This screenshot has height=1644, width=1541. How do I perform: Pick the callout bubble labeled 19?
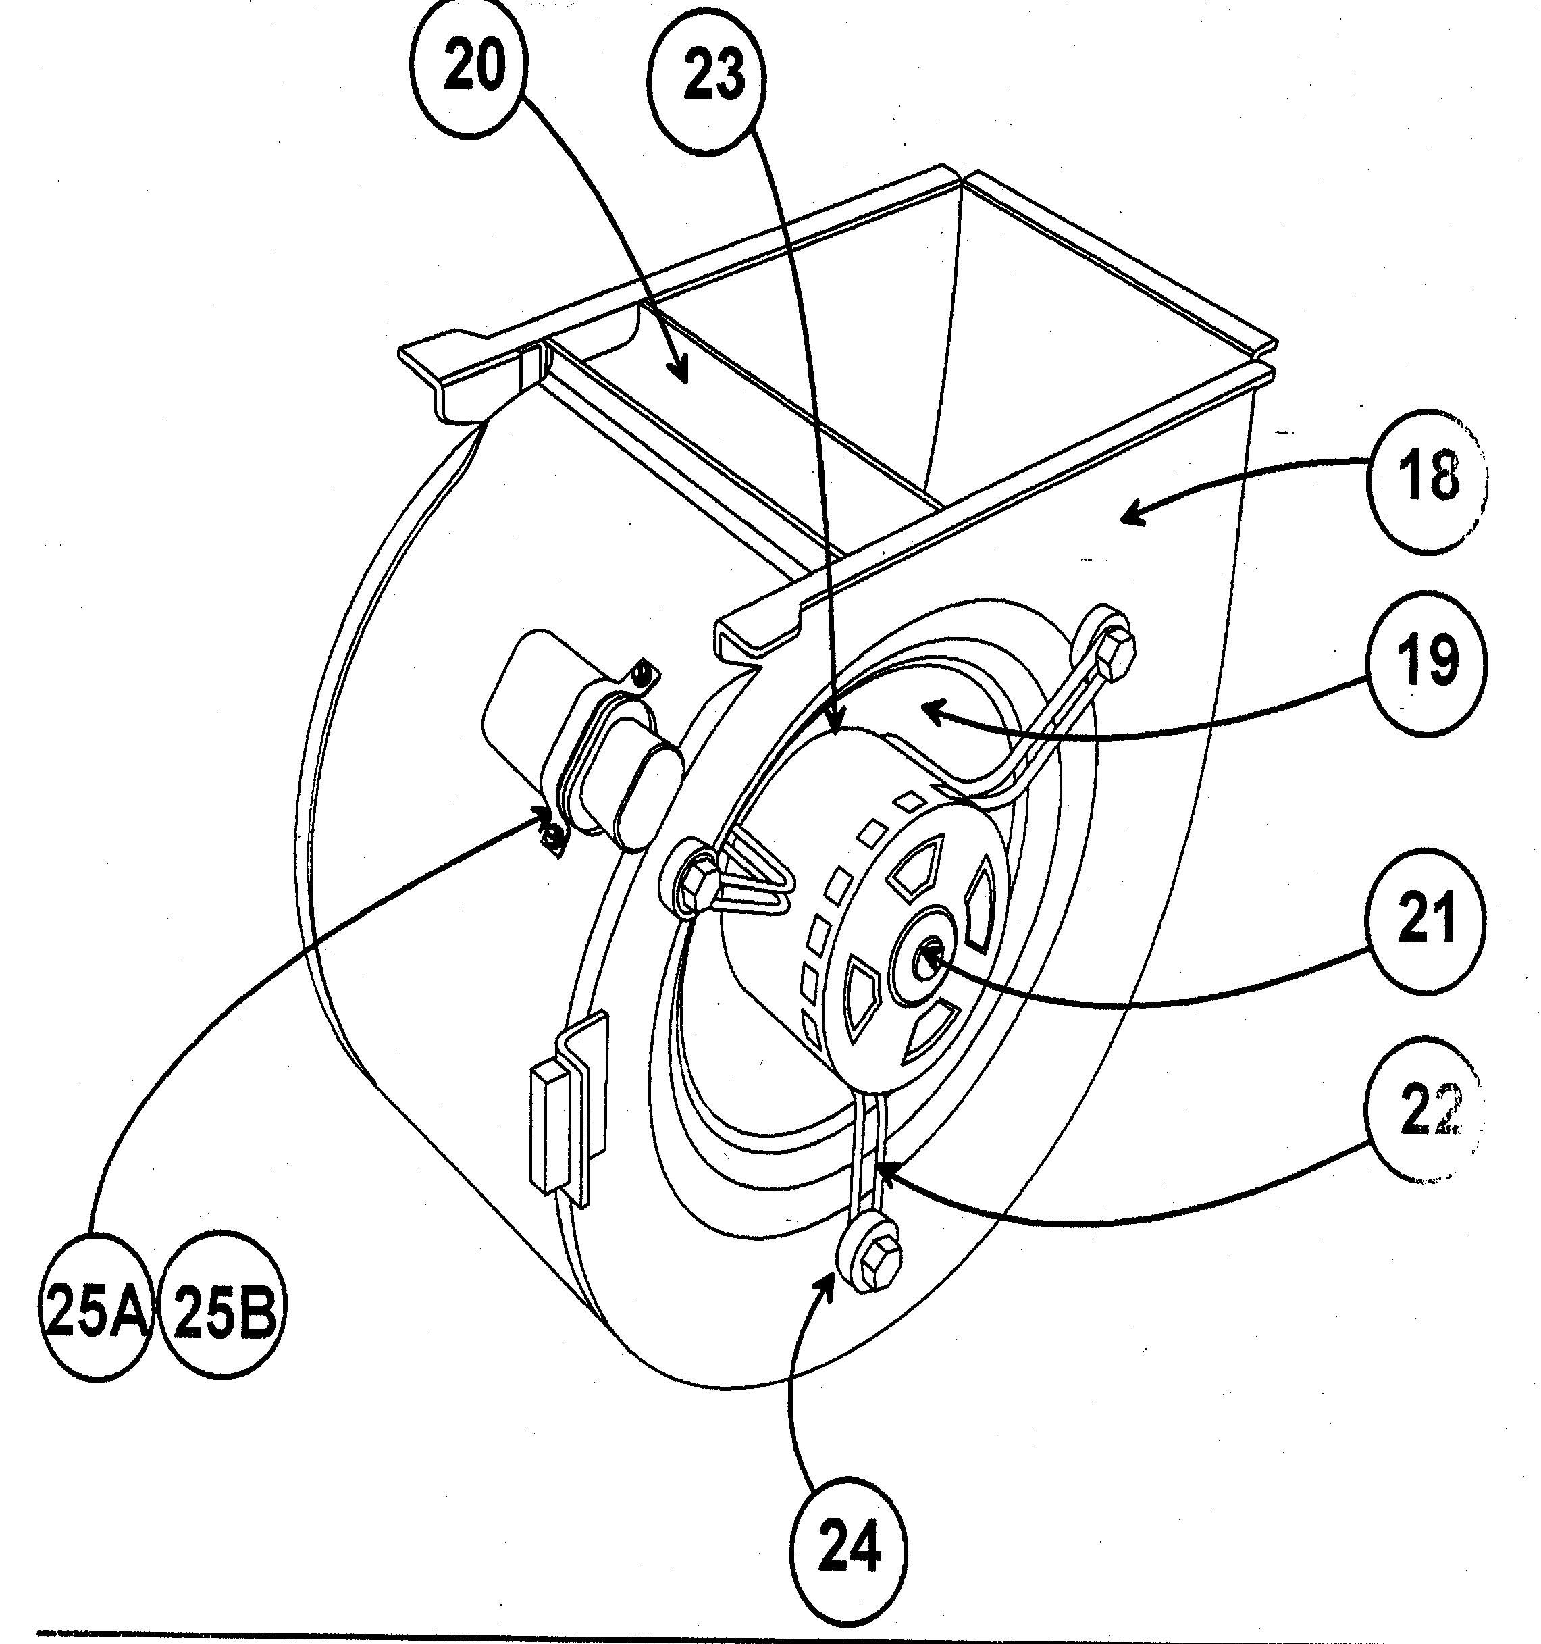(x=1427, y=663)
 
